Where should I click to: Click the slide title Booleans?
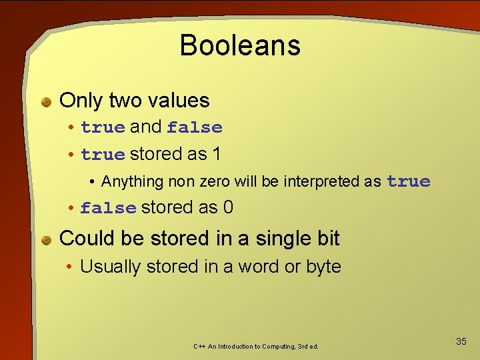coord(240,45)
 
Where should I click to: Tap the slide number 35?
coord(461,341)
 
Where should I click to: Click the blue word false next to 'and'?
coord(195,127)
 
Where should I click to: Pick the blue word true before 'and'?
coord(103,127)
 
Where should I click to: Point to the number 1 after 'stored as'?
coord(216,154)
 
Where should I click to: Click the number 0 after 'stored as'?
coord(228,207)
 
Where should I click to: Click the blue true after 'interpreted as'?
coord(408,181)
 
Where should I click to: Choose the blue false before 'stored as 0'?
coord(108,208)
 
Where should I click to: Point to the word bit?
coord(326,239)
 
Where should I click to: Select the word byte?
coord(323,267)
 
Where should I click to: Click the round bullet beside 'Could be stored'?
coord(47,240)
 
